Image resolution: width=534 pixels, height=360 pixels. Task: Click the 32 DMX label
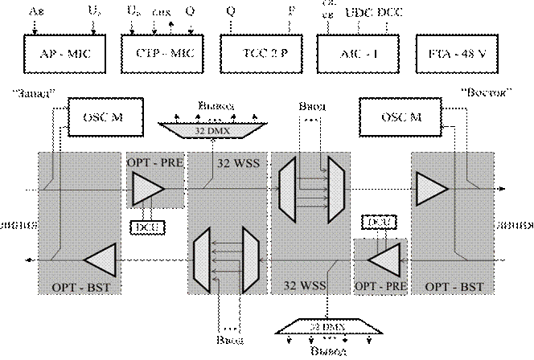pos(212,129)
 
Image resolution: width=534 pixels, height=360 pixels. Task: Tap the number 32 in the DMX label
pos(201,129)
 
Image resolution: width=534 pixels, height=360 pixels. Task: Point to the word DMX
pos(218,129)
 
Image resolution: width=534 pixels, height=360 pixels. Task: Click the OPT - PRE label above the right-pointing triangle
pos(155,162)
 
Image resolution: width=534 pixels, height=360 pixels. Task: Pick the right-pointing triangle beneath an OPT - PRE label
pos(148,190)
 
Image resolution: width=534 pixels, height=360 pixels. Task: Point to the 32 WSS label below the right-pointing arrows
pos(303,285)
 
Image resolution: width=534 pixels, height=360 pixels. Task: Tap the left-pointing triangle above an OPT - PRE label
pos(384,260)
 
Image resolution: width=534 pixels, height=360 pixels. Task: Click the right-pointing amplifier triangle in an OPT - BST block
pos(432,190)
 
